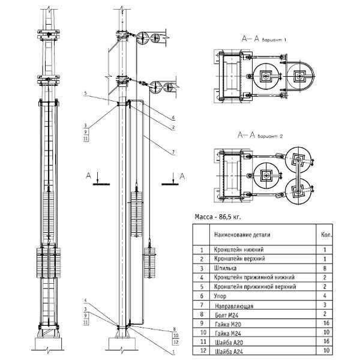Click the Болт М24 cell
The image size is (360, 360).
[x=223, y=315]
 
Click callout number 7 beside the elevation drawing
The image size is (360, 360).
[x=173, y=152]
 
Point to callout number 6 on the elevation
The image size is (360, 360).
[x=173, y=117]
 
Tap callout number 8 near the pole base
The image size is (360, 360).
[x=173, y=329]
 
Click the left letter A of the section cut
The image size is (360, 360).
[x=89, y=175]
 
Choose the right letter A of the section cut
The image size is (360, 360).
[x=182, y=175]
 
